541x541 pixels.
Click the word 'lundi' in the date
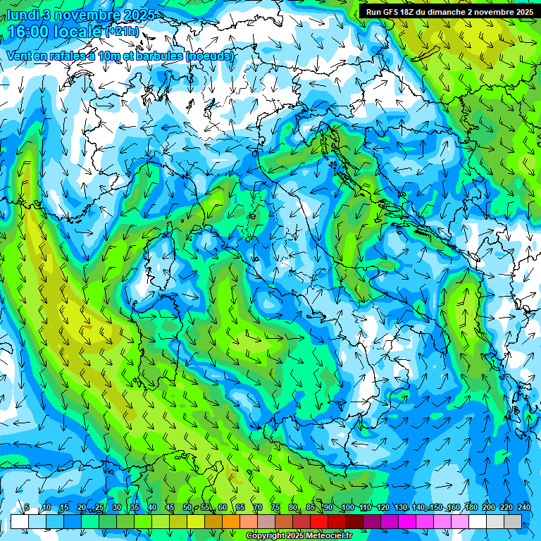23,15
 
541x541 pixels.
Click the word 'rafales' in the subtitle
77,56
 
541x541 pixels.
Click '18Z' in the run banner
412,12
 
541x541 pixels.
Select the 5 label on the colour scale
27,508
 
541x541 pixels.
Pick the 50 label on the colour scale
187,508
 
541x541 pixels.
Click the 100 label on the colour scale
347,508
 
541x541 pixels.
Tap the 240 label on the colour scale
523,508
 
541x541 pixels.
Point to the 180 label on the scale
471,508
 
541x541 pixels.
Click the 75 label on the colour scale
275,508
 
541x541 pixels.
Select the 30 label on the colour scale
116,508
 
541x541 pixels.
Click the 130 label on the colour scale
400,508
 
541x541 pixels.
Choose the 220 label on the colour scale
506,508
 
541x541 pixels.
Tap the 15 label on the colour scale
63,508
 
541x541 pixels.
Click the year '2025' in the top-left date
139,15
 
